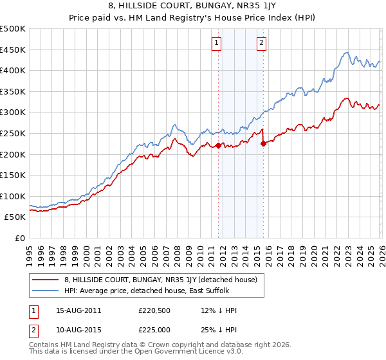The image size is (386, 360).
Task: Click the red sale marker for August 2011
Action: pyautogui.click(x=218, y=145)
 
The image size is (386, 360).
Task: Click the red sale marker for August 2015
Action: pyautogui.click(x=263, y=144)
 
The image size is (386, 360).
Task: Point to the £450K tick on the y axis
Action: pyautogui.click(x=13, y=50)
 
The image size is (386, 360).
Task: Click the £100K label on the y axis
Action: pyautogui.click(x=13, y=196)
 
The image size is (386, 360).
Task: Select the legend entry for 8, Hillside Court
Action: pyautogui.click(x=160, y=280)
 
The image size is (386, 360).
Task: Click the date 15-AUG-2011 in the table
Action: pyautogui.click(x=78, y=310)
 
